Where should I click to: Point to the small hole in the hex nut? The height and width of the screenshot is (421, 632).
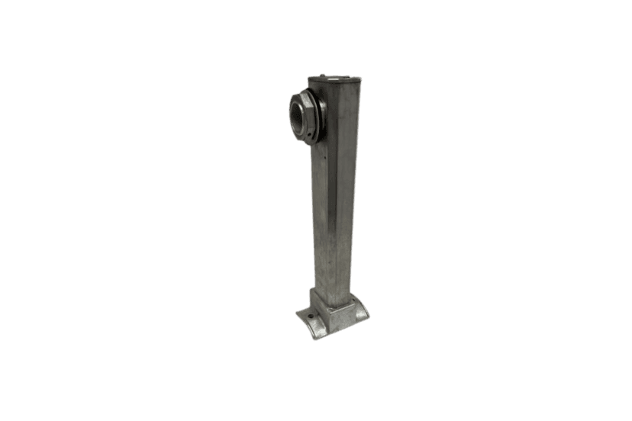tap(310, 140)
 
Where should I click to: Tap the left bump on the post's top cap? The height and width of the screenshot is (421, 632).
tap(322, 76)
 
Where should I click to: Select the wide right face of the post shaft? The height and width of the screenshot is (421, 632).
tap(344, 198)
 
